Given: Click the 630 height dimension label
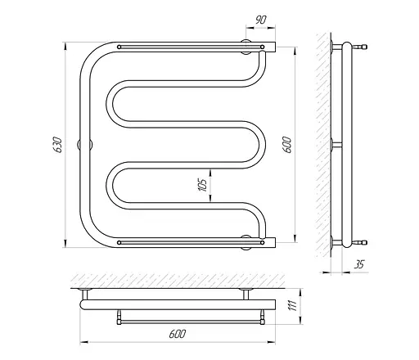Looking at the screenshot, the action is (x=58, y=145).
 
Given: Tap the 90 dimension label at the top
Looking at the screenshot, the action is (x=261, y=20).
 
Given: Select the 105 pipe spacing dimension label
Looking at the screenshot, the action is (x=203, y=185).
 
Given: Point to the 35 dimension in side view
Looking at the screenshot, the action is (x=359, y=264).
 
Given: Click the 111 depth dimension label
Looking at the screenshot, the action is (x=292, y=305).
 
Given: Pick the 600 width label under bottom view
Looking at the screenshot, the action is (x=178, y=334).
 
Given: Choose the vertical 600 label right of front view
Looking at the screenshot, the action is (x=287, y=145).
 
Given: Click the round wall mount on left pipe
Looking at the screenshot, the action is (x=85, y=144).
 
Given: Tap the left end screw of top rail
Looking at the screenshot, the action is (x=119, y=47).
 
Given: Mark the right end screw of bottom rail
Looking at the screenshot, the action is (x=262, y=242).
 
